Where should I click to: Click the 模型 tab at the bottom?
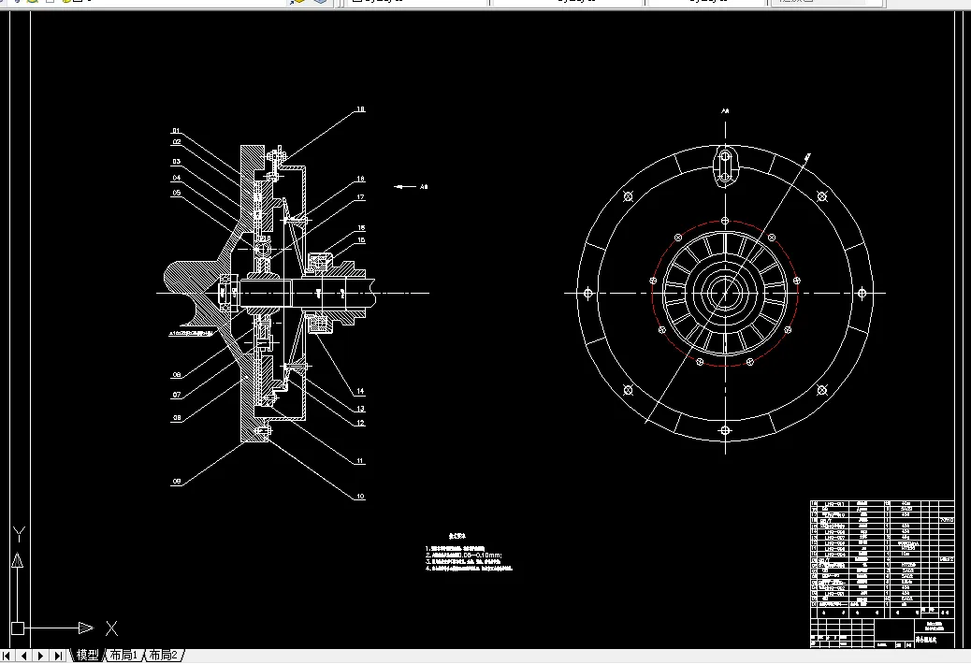88,655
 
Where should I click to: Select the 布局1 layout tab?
123,655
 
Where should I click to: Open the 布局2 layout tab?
164,655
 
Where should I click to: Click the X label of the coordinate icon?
110,628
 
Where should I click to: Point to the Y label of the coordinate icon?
17,536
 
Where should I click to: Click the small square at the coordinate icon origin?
17,628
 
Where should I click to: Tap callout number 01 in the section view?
175,131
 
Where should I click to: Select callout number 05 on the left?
176,193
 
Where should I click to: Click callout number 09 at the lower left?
176,482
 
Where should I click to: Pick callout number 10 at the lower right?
360,496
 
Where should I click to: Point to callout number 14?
360,390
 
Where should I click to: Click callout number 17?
360,197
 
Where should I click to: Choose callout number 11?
360,460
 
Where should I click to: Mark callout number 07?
176,395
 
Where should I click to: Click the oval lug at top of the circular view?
725,167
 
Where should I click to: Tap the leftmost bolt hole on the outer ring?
586,293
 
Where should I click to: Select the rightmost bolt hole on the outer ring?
862,293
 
